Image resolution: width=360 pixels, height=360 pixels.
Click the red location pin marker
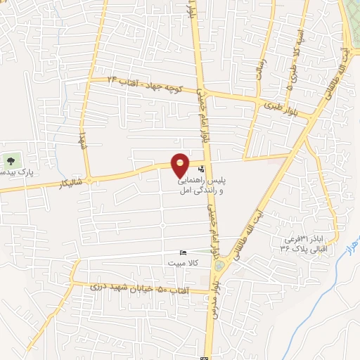[181, 165]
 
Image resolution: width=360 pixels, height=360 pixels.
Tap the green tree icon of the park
[9, 160]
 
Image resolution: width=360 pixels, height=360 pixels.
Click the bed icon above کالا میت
[184, 253]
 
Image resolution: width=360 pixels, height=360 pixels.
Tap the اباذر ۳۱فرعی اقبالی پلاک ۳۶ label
[304, 243]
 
